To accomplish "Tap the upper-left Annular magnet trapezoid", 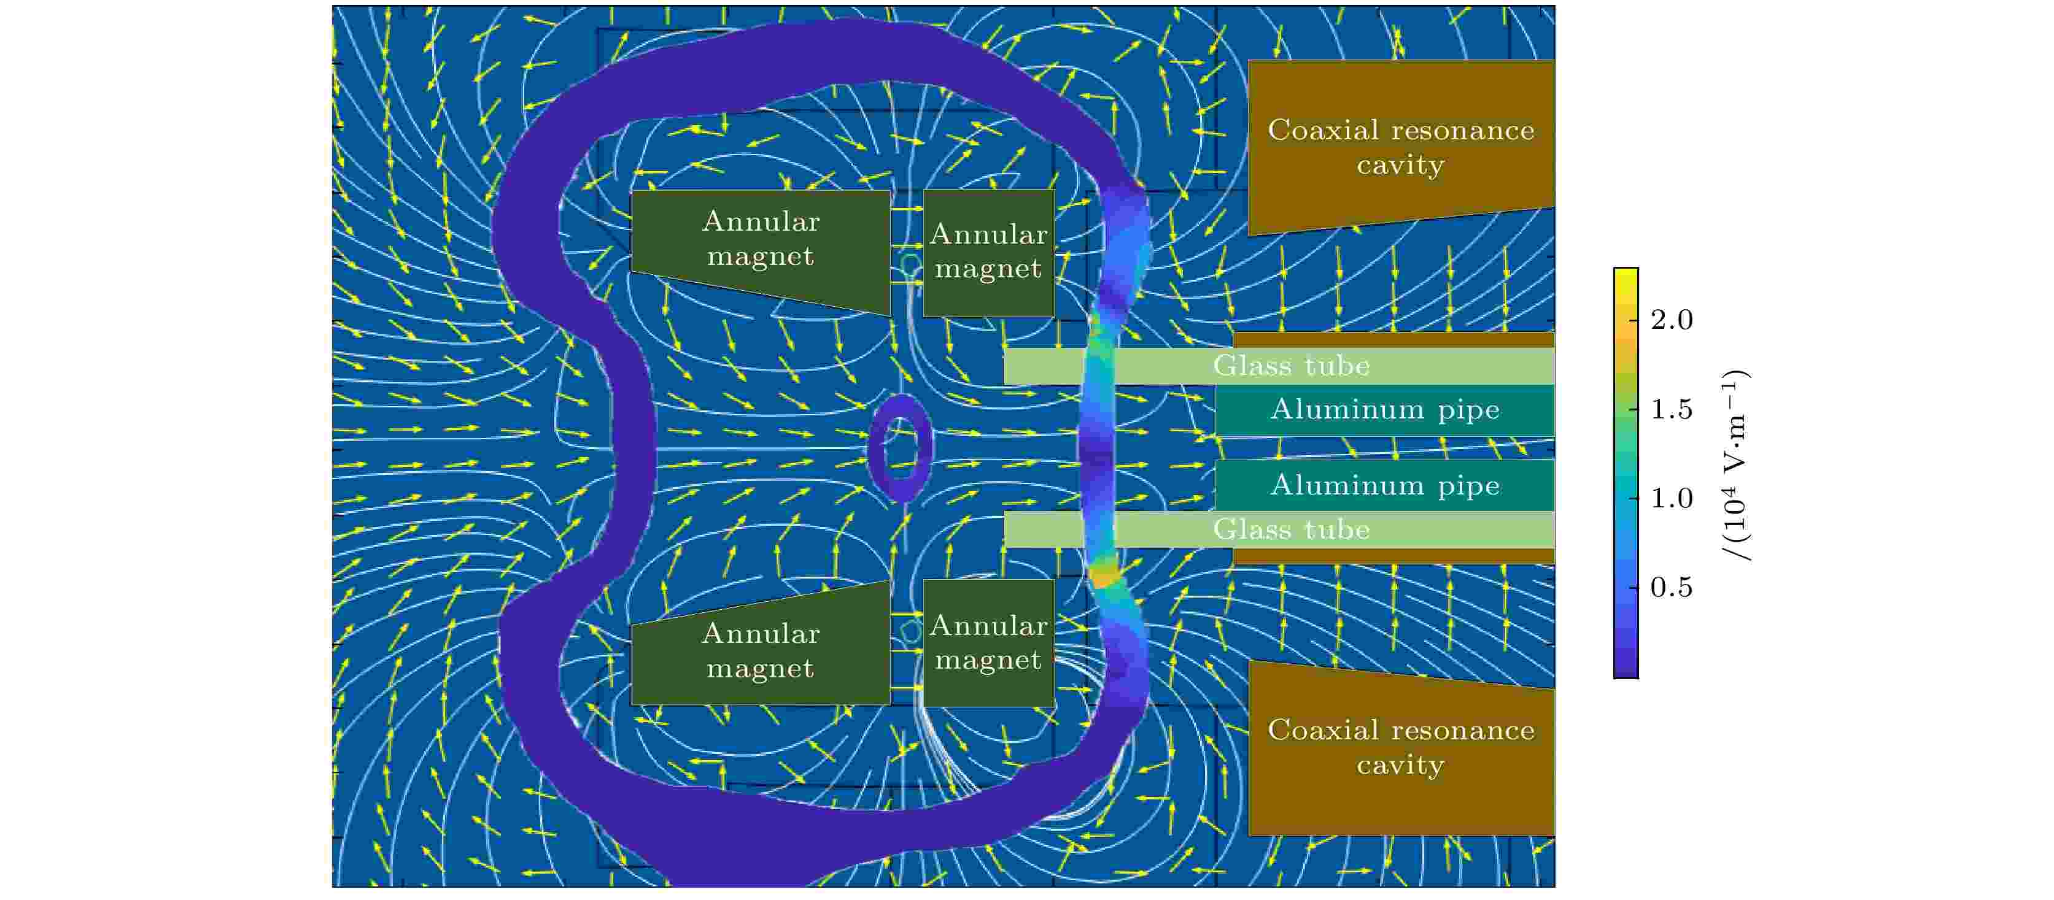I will (x=760, y=239).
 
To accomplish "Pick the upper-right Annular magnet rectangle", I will (x=989, y=252).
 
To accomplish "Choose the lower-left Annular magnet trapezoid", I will (x=760, y=650).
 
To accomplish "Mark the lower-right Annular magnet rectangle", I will (x=989, y=642).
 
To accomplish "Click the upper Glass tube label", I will (x=1291, y=366).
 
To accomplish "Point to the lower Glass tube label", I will (x=1291, y=529).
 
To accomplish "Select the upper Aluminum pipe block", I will (x=1385, y=410).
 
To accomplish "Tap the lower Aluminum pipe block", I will (x=1385, y=485).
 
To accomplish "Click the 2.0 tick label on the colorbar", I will (x=1672, y=320).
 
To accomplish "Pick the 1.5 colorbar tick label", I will (x=1672, y=409).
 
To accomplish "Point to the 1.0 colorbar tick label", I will (x=1672, y=498).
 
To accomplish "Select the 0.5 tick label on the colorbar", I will (x=1672, y=588).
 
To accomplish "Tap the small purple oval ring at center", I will (x=900, y=447).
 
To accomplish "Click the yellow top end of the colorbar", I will (x=1626, y=275).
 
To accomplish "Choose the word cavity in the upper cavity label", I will (x=1400, y=166).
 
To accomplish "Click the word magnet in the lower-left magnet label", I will (x=760, y=668).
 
